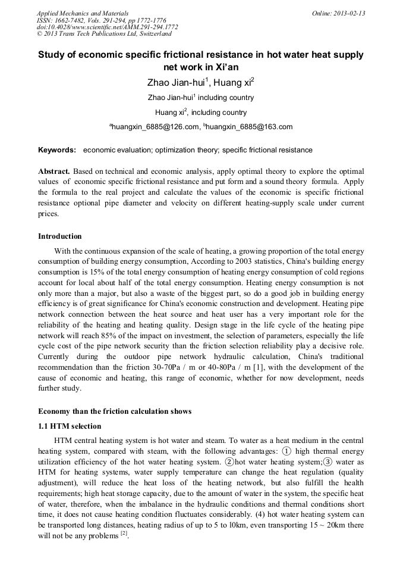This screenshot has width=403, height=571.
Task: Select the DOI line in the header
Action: (x=107, y=27)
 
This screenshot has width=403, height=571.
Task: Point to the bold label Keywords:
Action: (x=57, y=150)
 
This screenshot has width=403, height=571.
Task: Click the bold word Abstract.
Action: (x=54, y=171)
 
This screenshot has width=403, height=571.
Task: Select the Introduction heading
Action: (x=60, y=236)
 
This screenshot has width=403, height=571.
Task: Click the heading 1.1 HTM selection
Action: (x=70, y=426)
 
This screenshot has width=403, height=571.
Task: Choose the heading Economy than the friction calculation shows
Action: (x=115, y=411)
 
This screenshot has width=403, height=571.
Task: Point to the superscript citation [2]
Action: (x=124, y=532)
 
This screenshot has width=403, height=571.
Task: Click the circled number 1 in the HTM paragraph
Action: (x=286, y=451)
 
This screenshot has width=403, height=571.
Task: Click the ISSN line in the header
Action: (x=101, y=20)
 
